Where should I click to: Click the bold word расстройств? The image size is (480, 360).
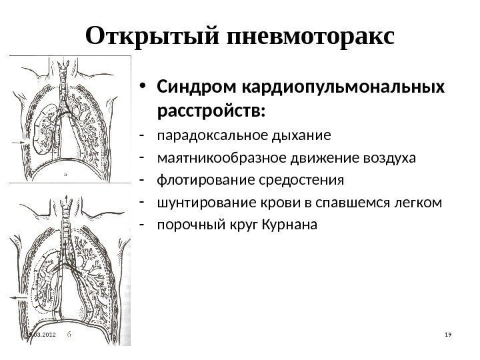click(x=211, y=108)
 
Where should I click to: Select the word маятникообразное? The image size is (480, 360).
click(x=213, y=158)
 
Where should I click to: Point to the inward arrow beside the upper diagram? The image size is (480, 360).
click(x=21, y=143)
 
